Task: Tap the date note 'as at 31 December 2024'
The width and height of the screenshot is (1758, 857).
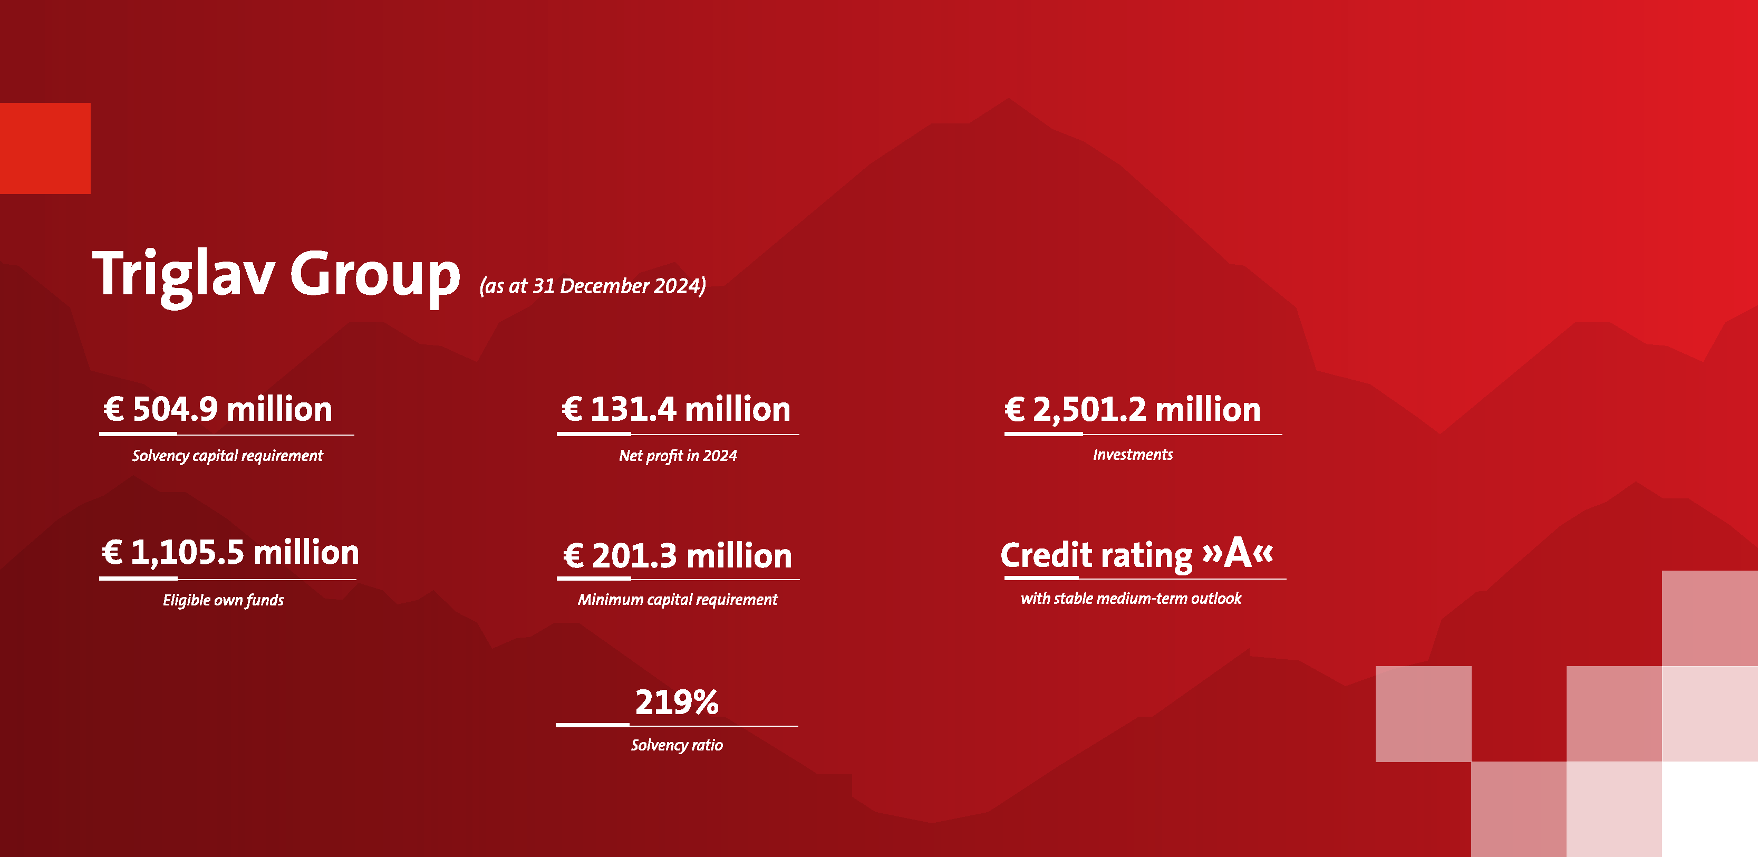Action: click(592, 285)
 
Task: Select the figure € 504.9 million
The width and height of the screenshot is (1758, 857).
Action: click(218, 409)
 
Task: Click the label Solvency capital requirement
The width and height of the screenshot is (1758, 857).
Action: click(227, 456)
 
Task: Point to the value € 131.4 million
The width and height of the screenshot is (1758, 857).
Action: click(675, 409)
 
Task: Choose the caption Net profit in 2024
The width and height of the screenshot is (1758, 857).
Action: click(678, 456)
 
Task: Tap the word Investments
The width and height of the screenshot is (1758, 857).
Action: click(1133, 455)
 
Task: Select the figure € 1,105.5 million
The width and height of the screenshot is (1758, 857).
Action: click(230, 553)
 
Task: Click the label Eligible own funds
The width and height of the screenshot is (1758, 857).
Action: click(223, 600)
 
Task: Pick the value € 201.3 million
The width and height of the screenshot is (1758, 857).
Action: click(678, 556)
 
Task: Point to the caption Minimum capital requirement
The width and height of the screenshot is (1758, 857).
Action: click(678, 599)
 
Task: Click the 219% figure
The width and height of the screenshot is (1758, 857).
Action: click(677, 702)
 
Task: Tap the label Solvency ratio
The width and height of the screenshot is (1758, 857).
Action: click(677, 745)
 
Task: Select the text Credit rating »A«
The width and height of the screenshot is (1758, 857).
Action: click(1137, 554)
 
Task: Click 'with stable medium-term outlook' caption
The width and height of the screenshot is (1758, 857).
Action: click(1131, 599)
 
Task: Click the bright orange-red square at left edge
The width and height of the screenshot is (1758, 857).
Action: click(45, 148)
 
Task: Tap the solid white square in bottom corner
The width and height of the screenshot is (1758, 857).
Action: click(1709, 809)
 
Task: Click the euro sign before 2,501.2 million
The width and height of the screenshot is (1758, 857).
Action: click(1015, 409)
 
